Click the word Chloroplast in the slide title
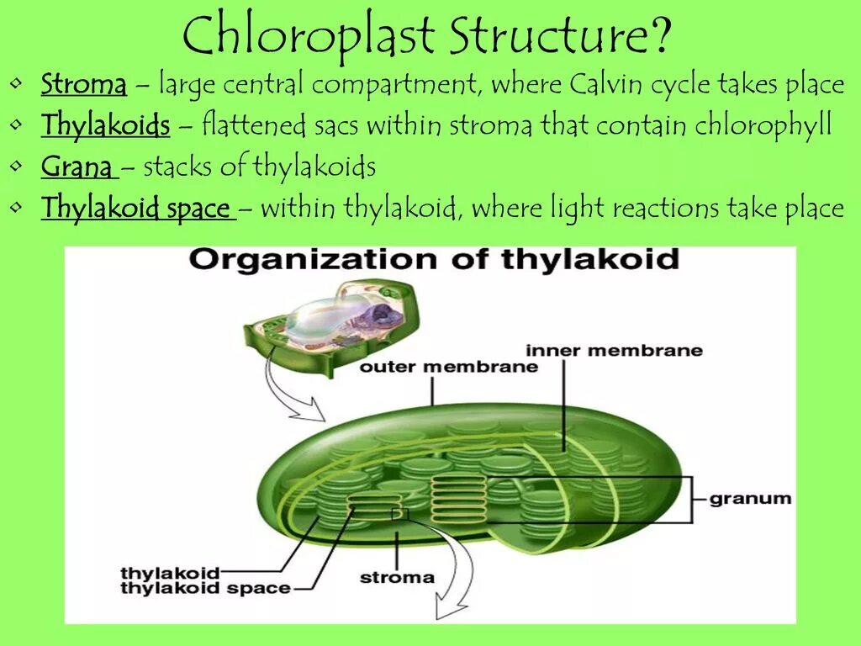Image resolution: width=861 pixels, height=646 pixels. [308, 38]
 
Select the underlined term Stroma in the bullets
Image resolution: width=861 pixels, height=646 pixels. [84, 85]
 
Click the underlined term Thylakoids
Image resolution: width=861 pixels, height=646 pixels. [106, 126]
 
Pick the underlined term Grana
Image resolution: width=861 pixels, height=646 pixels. [77, 167]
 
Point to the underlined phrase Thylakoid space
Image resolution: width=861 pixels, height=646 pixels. [136, 208]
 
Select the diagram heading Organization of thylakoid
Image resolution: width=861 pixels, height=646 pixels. [433, 258]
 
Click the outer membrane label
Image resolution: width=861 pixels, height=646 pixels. [448, 367]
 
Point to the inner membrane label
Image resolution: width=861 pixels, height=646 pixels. [614, 350]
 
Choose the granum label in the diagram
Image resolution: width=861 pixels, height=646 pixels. [750, 498]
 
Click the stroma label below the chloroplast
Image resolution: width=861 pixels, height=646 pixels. [397, 578]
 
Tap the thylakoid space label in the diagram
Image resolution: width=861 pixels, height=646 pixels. [205, 589]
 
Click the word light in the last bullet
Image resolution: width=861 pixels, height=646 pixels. [579, 208]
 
